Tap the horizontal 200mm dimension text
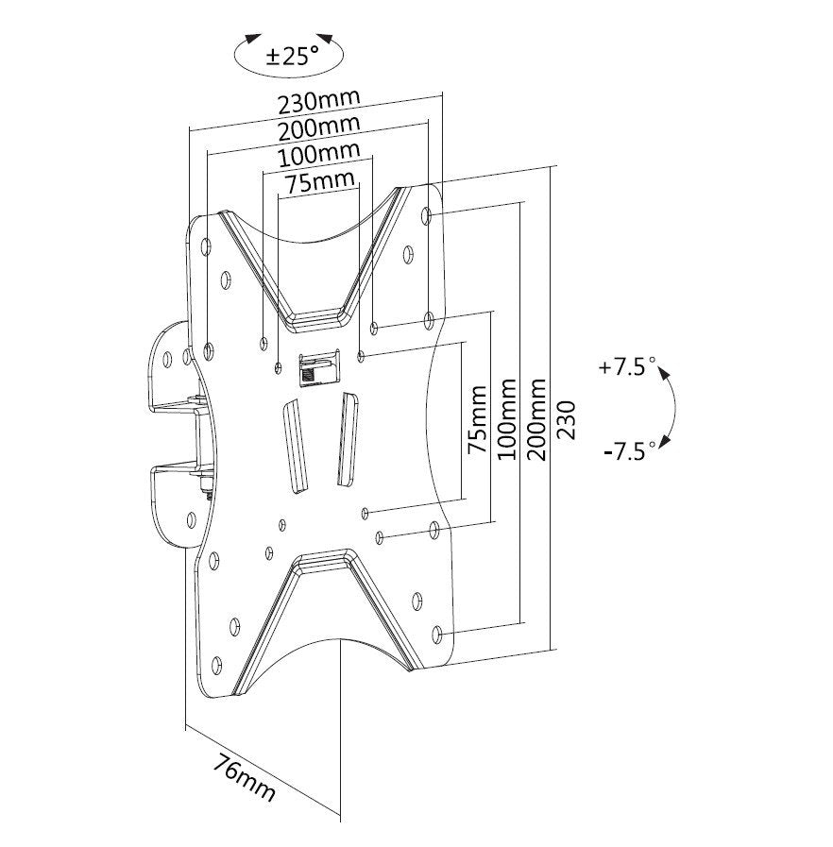pos(318,127)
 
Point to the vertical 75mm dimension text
pos(479,420)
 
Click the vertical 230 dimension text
pos(566,416)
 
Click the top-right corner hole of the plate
pos(432,217)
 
